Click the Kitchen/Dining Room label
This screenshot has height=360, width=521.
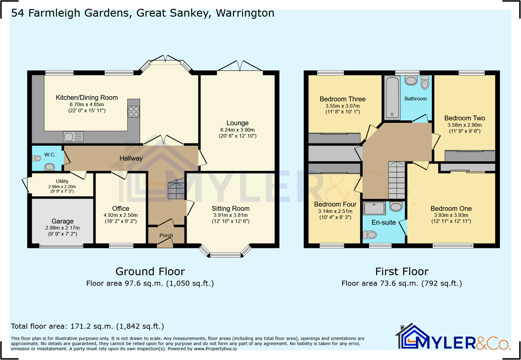(87, 98)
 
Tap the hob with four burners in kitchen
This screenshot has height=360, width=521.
(134, 112)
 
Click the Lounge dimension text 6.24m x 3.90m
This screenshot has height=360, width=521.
(237, 130)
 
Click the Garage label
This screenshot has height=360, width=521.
(62, 221)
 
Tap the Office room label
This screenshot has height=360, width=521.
(121, 208)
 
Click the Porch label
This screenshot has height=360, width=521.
(166, 235)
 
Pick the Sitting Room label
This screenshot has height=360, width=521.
(230, 208)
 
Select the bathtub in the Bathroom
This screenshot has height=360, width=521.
(392, 97)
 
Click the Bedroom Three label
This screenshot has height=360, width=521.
(342, 99)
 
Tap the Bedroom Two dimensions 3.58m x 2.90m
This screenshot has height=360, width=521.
(464, 125)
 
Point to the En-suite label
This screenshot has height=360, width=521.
(384, 223)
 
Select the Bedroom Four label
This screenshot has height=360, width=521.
(335, 205)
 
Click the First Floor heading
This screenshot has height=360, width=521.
(402, 272)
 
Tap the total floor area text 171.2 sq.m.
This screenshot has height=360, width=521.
(87, 327)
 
